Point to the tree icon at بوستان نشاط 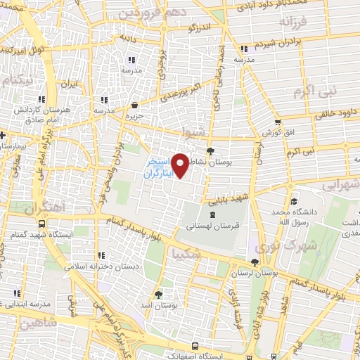tap(210, 150)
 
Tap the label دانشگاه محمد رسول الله tap(290, 217)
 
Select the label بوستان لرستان tap(255, 271)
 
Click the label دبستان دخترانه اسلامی tap(101, 266)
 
